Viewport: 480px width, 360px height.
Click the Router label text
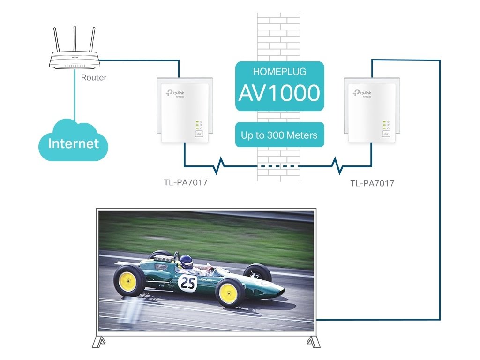tap(94, 77)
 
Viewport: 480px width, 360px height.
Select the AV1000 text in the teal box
tap(279, 92)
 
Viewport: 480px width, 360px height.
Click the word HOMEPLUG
tap(279, 72)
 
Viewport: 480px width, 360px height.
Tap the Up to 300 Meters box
tap(279, 135)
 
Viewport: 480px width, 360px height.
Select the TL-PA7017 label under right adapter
tap(372, 183)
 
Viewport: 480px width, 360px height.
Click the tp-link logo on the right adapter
tap(361, 93)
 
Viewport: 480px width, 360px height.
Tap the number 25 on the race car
tap(187, 282)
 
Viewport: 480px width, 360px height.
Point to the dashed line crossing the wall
tap(279, 166)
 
